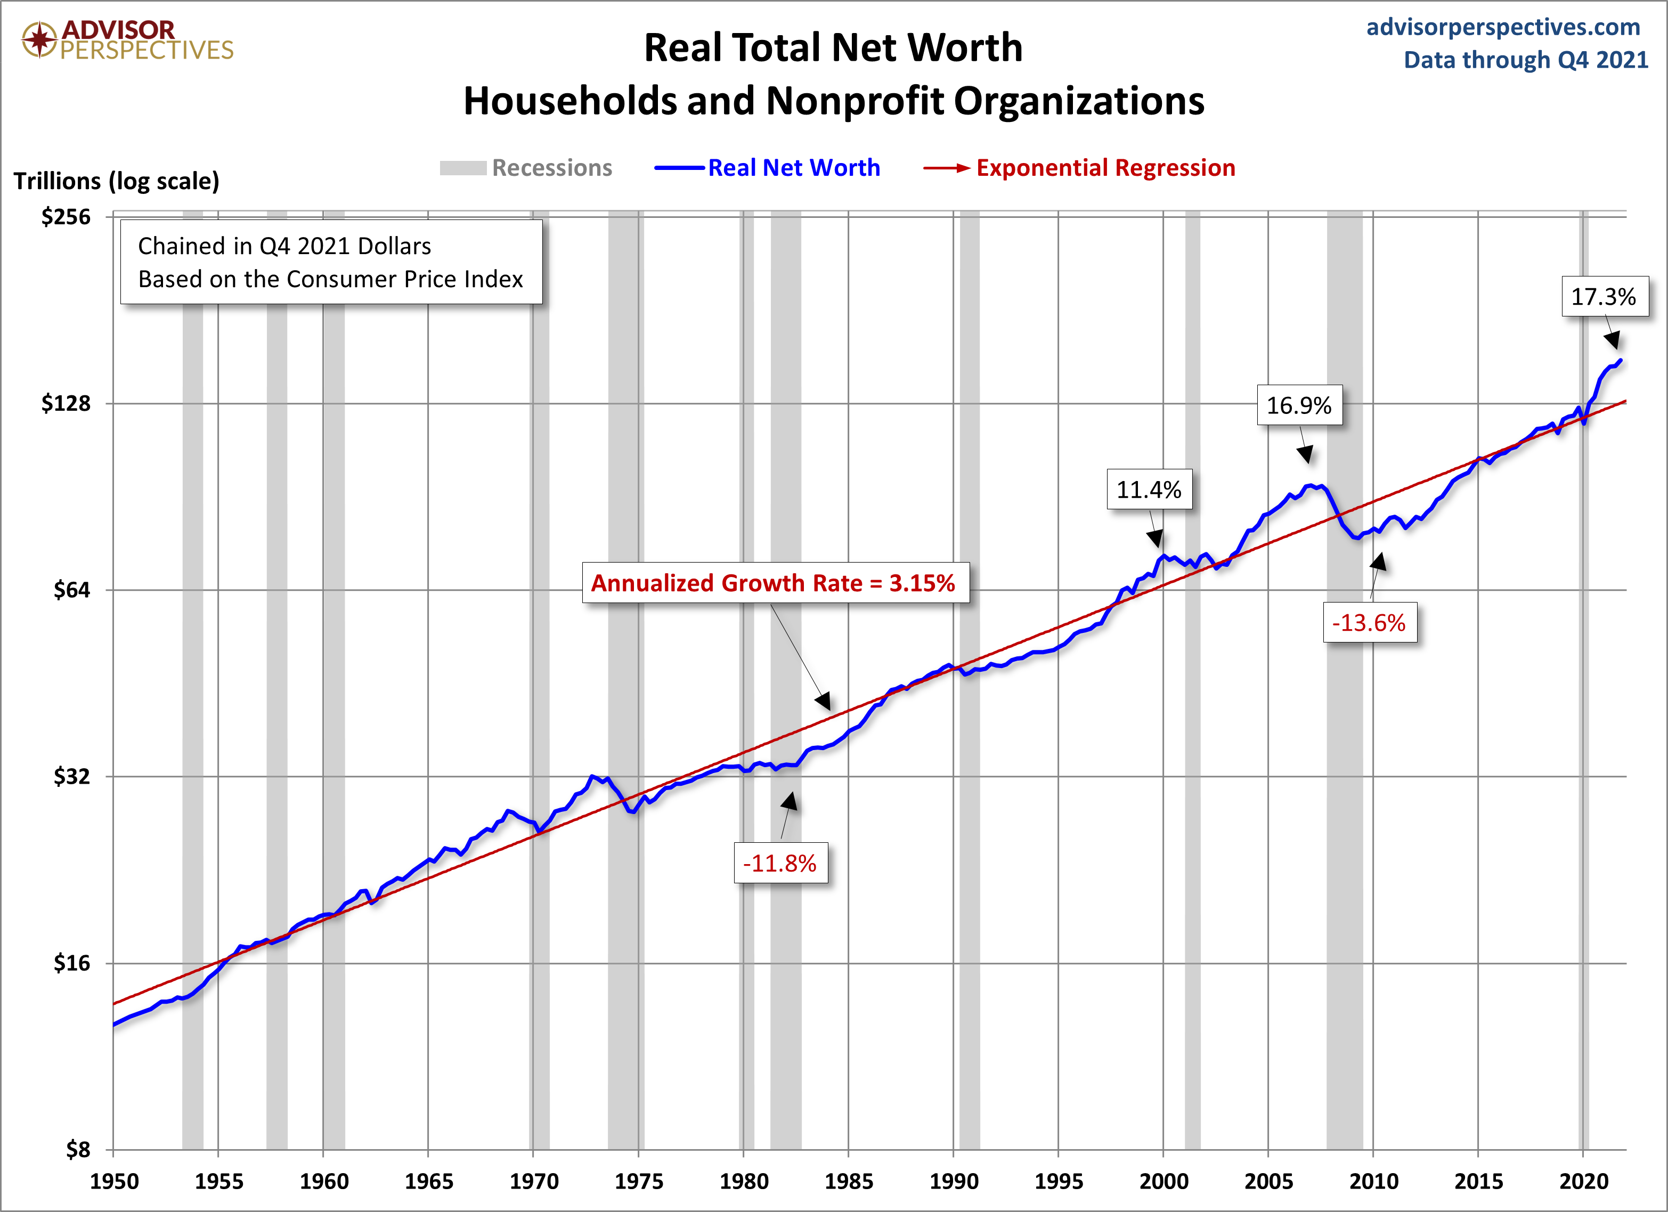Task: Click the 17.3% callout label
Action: (1604, 296)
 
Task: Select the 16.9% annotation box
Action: (1299, 405)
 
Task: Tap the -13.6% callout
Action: (1369, 623)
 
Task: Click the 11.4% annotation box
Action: (1149, 490)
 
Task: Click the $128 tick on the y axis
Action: (66, 403)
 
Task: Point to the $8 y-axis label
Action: (78, 1149)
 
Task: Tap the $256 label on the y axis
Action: (66, 216)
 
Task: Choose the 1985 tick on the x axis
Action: (848, 1181)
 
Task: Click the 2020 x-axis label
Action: (1583, 1181)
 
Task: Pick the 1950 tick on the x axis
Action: (115, 1181)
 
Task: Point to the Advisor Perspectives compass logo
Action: (39, 39)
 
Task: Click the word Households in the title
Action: (569, 101)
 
